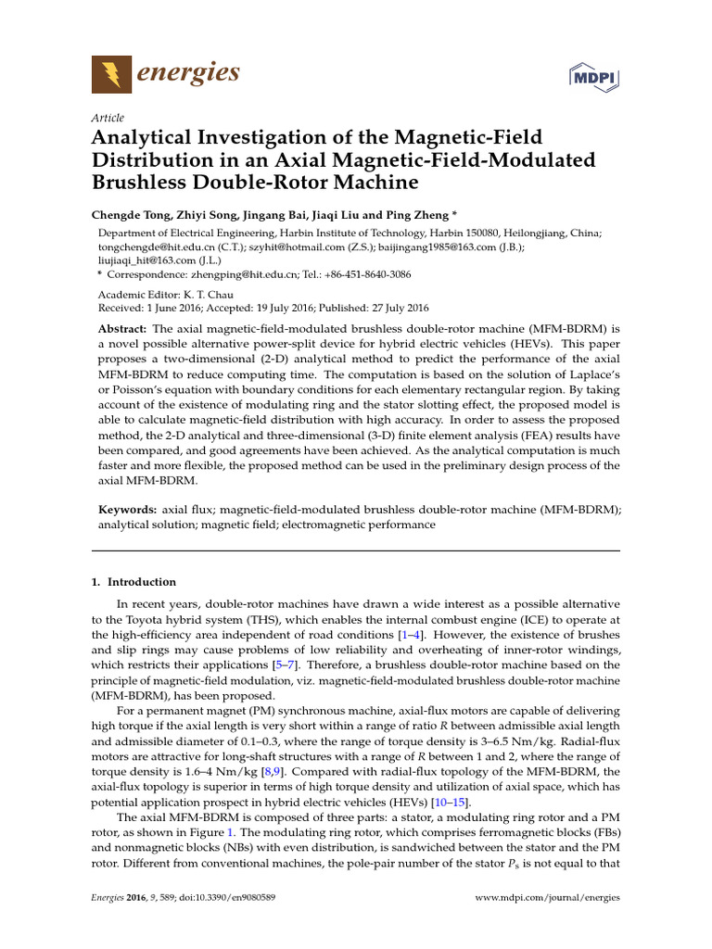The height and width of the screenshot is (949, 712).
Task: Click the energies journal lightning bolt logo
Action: pos(111,73)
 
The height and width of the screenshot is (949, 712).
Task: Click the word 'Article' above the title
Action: pos(108,118)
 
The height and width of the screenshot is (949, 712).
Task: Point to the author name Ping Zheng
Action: pos(417,214)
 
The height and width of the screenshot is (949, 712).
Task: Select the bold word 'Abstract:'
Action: pos(122,330)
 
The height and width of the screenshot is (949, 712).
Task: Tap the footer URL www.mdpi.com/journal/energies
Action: pos(547,897)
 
